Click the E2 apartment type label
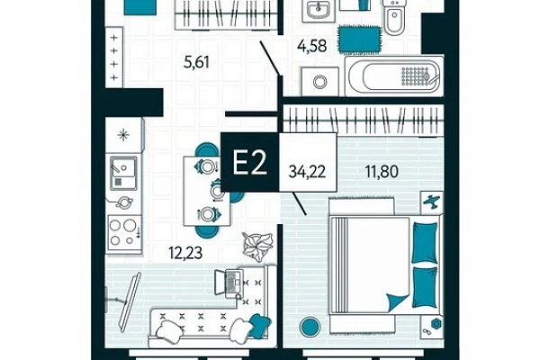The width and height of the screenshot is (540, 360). tap(250, 163)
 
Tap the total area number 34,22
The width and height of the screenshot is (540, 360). tap(307, 171)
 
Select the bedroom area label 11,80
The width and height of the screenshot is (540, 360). tap(382, 171)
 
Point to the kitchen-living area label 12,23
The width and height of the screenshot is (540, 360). tap(185, 253)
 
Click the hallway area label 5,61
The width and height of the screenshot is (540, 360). tap(196, 62)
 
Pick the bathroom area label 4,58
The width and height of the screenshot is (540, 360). tap(312, 46)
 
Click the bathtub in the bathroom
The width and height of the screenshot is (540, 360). tap(394, 76)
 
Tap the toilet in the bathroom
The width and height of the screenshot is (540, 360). tap(395, 16)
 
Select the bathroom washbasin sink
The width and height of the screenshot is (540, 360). tap(319, 10)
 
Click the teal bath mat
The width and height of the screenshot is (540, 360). tap(359, 39)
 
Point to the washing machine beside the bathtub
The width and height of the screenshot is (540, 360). tap(320, 82)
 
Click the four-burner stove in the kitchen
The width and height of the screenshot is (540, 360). tap(124, 234)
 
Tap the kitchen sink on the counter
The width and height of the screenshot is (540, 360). tap(123, 174)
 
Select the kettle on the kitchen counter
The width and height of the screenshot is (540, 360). tap(123, 202)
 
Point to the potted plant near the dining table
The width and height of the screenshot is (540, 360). tap(258, 246)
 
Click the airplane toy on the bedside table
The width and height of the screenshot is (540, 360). tap(432, 202)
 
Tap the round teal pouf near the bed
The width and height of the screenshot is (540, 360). tap(310, 327)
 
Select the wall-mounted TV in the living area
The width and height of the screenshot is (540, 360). tap(129, 302)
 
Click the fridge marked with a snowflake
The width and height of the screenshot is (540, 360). tap(123, 135)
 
